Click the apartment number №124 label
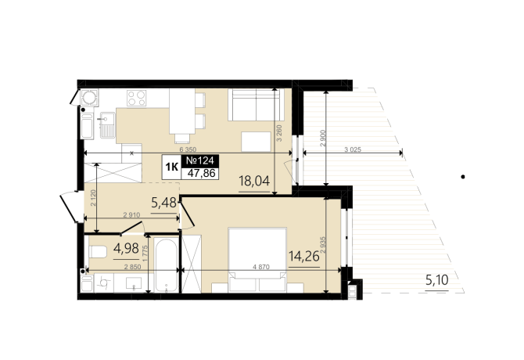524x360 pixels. (x=200, y=160)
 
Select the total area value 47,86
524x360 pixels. (x=202, y=173)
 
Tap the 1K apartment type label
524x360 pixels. (x=172, y=167)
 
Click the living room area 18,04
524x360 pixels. (x=254, y=181)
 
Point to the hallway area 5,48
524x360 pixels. (x=163, y=202)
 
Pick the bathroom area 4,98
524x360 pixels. (x=127, y=248)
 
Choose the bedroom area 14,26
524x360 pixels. (x=304, y=257)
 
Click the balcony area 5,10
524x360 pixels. (x=437, y=279)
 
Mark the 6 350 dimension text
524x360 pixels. (x=188, y=149)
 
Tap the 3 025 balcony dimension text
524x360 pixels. (x=353, y=149)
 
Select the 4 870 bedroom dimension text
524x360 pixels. (x=261, y=267)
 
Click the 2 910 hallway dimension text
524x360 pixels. (x=131, y=215)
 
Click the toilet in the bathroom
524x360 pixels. (x=98, y=252)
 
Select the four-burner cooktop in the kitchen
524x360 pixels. (x=136, y=98)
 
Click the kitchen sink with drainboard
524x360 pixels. (x=107, y=125)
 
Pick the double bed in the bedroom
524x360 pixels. (x=257, y=260)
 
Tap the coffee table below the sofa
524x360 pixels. (x=257, y=142)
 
